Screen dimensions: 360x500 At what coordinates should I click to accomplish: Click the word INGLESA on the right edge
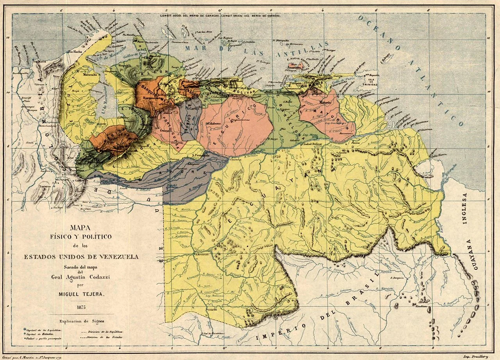[x=464, y=209]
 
